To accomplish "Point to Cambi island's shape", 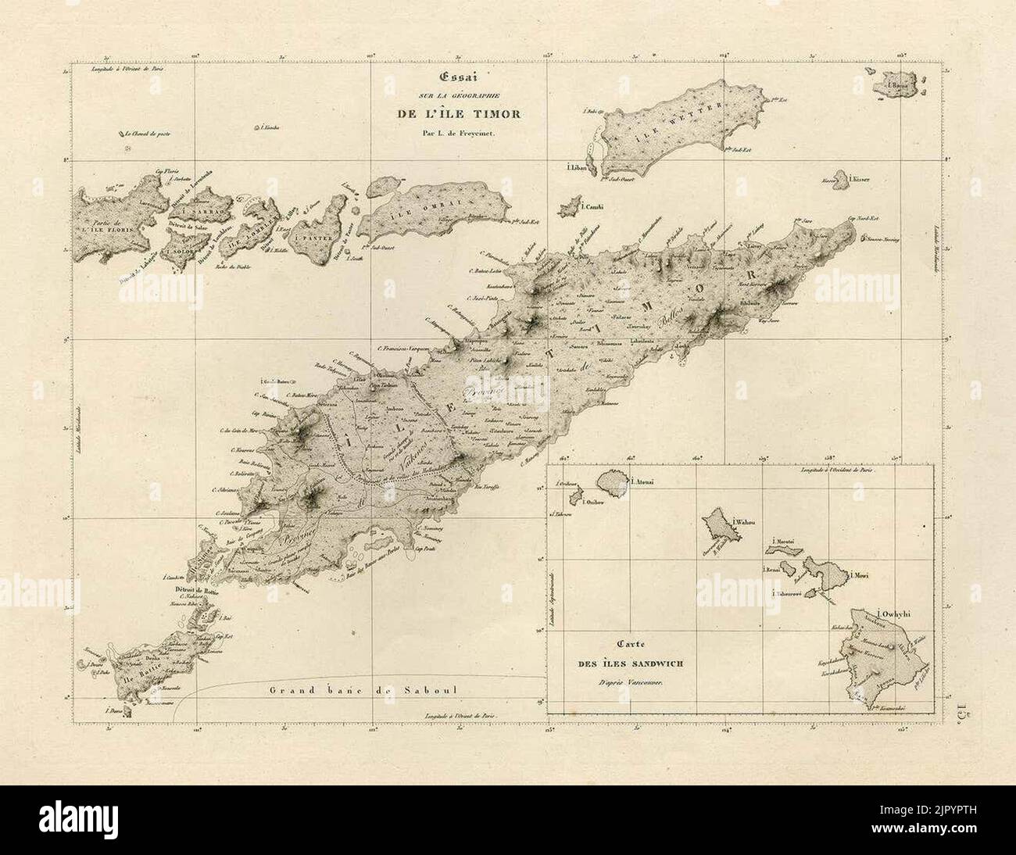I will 569,208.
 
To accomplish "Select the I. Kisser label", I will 859,179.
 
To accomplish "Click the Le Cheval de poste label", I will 148,134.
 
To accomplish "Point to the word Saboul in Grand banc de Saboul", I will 431,690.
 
